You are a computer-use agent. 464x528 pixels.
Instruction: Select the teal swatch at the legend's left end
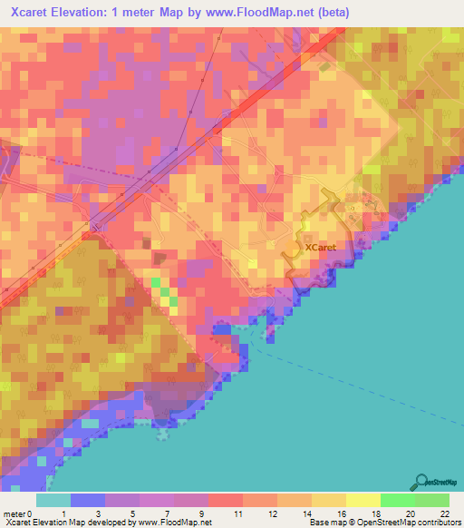(53, 501)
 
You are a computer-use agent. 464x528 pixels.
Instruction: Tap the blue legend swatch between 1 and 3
(87, 501)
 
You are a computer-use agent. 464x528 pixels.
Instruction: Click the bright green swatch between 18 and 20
(398, 501)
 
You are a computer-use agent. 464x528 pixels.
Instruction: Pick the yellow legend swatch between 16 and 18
(363, 501)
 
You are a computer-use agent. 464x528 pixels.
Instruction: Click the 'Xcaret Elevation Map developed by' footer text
(68, 523)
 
